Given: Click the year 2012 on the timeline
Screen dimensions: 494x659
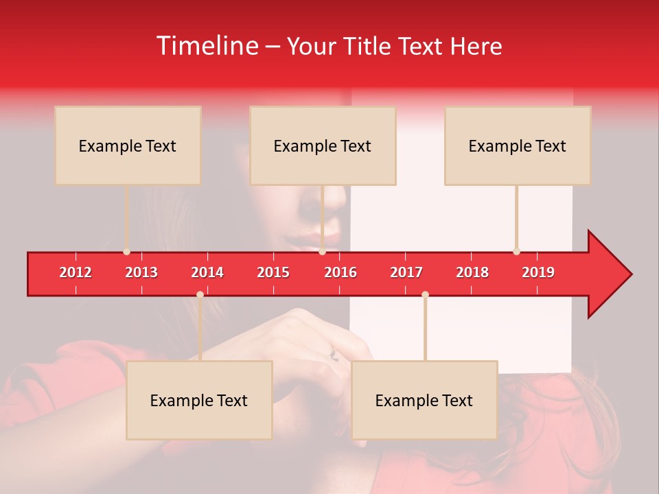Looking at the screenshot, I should click(x=76, y=272).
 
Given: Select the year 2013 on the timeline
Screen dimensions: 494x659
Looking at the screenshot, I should click(x=141, y=272).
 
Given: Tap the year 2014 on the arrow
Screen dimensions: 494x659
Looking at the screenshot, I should click(x=207, y=272).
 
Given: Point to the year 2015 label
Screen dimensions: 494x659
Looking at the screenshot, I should click(x=273, y=272).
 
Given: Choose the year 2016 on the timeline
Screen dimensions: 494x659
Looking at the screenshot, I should click(x=340, y=272).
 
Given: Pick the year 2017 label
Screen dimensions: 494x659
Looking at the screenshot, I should click(x=406, y=272).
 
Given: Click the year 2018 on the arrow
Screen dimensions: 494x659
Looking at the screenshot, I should click(x=472, y=272).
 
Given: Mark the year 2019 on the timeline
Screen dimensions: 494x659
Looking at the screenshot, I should click(x=538, y=272).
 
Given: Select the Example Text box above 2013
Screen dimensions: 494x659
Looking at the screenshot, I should click(x=128, y=145).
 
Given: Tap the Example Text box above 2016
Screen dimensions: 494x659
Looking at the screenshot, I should click(x=323, y=145).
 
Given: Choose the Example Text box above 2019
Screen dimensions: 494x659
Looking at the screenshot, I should click(x=518, y=145).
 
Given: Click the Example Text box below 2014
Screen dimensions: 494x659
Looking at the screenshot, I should click(x=199, y=400).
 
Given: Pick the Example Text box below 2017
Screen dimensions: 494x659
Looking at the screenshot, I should click(x=424, y=400).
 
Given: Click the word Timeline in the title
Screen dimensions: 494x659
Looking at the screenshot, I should click(x=208, y=46).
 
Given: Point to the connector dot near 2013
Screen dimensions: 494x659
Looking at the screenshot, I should click(x=127, y=252).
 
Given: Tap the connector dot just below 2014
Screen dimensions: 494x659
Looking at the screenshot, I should click(x=200, y=295).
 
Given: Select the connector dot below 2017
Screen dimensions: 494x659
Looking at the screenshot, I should click(x=425, y=295).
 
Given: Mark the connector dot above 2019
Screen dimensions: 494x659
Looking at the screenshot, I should click(x=516, y=252).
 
